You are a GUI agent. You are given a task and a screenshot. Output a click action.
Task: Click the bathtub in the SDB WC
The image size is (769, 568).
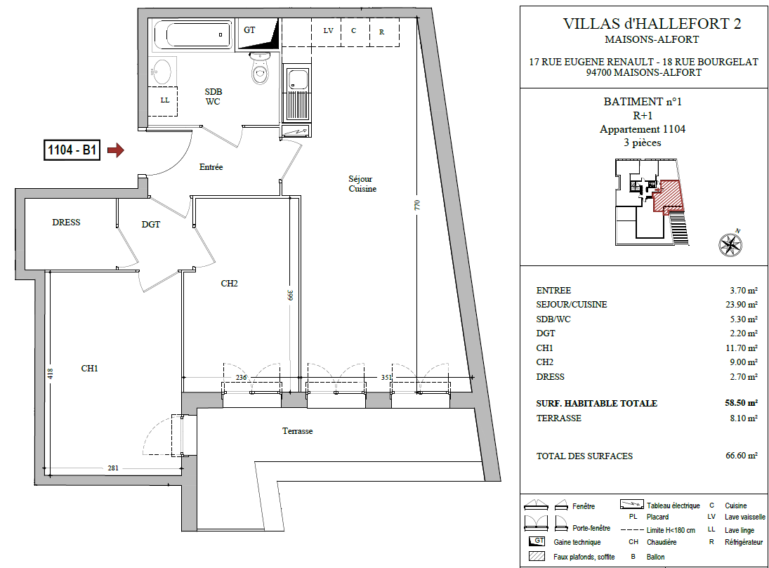[192, 35]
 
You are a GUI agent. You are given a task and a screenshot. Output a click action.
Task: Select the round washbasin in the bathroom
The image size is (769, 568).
[162, 72]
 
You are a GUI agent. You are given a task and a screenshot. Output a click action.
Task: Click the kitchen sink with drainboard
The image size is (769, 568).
[297, 94]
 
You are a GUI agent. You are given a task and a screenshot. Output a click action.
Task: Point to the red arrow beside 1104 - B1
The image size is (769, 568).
[116, 150]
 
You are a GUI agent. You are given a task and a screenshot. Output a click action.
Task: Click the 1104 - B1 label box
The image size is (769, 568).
[72, 150]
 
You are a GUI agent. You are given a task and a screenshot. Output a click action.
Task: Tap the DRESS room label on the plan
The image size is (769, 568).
[66, 223]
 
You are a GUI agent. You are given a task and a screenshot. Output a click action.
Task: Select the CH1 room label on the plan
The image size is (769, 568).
[90, 369]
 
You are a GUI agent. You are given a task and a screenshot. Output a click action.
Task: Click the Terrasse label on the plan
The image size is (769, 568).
[297, 431]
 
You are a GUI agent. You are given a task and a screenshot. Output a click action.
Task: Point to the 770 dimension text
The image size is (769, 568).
[417, 204]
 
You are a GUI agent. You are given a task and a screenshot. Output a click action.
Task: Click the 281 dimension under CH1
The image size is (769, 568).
[113, 468]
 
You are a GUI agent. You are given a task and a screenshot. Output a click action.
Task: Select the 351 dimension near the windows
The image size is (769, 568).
[386, 377]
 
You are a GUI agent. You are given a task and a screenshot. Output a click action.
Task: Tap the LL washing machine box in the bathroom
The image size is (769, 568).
[164, 101]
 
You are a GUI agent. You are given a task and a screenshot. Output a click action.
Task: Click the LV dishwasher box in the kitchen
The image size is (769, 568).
[326, 32]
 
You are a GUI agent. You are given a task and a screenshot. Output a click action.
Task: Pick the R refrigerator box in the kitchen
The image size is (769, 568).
[385, 32]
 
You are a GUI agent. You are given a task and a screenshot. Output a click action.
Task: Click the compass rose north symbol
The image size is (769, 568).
[730, 244]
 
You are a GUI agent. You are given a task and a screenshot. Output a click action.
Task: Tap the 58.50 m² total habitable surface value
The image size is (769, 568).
[741, 403]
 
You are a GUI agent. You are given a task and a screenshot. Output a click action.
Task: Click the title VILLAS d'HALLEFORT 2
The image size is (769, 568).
[652, 24]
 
